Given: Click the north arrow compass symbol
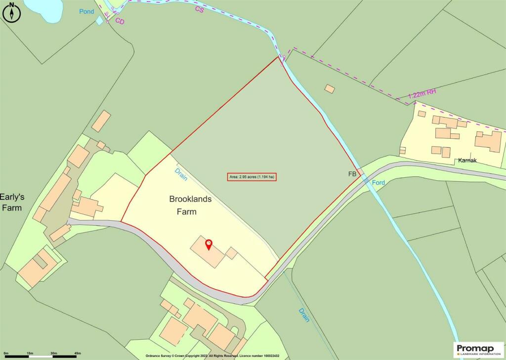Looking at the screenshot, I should click(11, 12).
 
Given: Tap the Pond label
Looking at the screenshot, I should click(87, 11).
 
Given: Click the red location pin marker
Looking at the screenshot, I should click(209, 244).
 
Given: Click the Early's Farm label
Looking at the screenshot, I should click(12, 202).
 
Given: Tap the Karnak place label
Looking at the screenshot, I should click(466, 160).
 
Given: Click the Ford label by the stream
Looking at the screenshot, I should click(379, 182).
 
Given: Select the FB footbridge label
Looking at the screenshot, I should click(352, 174).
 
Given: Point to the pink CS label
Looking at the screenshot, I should click(199, 9).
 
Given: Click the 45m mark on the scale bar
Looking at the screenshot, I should click(78, 353).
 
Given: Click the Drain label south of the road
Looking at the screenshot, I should click(304, 315).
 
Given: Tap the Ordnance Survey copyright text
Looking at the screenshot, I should click(212, 356).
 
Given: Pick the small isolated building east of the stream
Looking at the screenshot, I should click(329, 89).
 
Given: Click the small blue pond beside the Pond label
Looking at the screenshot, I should click(100, 20).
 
